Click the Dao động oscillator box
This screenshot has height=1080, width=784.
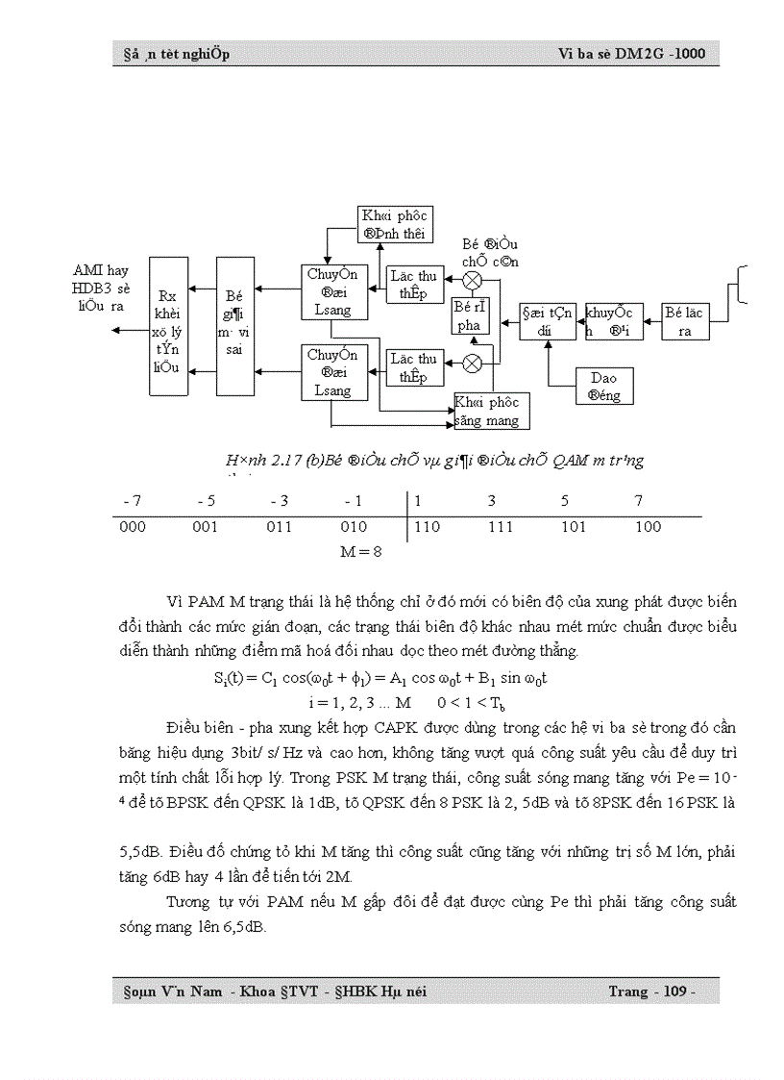click(604, 387)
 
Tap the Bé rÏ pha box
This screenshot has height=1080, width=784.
click(471, 316)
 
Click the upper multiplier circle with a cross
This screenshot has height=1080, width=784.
click(473, 280)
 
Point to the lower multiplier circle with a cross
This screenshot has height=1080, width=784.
click(473, 364)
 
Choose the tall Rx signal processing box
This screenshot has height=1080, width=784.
click(169, 326)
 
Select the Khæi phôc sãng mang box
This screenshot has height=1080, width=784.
click(491, 411)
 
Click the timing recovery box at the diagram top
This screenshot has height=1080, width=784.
click(395, 224)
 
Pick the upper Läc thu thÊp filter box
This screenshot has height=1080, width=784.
click(413, 286)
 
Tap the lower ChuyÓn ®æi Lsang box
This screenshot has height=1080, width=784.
click(330, 372)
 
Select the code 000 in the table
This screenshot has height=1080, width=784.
click(133, 527)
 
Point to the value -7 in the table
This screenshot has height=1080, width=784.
click(133, 501)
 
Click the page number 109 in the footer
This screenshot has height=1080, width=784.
click(675, 991)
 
